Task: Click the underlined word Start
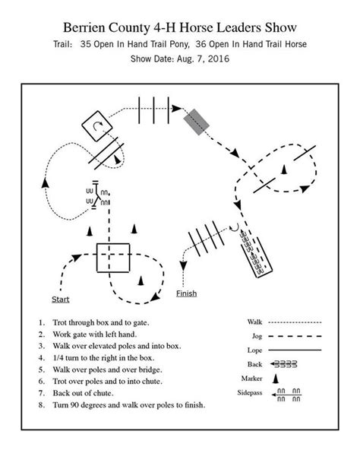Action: (x=60, y=300)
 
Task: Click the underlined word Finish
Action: (x=186, y=293)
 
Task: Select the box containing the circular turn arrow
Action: (x=96, y=125)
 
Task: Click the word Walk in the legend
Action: (x=254, y=322)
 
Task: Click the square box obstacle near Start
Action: (x=113, y=258)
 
